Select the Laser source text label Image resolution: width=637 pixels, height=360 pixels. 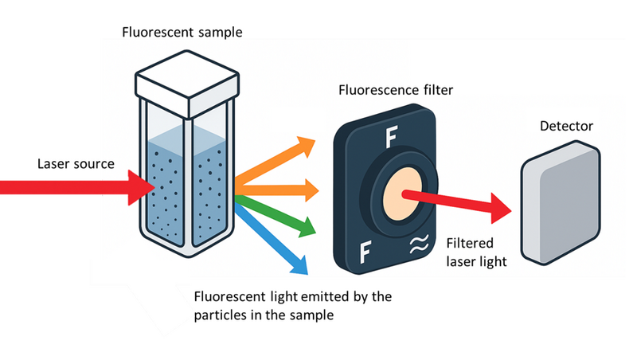[76, 164]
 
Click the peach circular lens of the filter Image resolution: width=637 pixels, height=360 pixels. [396, 194]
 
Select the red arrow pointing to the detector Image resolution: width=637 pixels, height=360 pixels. [462, 204]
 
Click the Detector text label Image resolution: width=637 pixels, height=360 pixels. [566, 127]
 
